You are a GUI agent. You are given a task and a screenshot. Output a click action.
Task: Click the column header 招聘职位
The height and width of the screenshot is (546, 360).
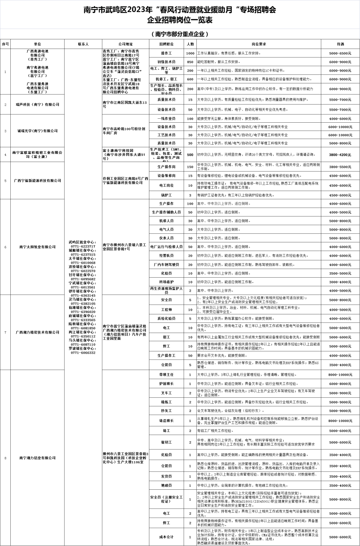[166, 44]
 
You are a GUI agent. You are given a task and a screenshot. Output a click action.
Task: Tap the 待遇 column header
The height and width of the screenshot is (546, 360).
[340, 44]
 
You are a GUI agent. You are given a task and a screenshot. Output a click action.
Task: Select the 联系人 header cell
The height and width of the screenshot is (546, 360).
[83, 44]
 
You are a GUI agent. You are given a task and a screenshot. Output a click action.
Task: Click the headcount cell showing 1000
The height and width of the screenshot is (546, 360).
[190, 53]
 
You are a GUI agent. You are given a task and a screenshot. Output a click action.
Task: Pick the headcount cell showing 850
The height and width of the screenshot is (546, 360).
[190, 62]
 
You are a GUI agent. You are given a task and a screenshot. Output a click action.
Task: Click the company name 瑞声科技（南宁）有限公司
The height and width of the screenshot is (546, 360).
[37, 104]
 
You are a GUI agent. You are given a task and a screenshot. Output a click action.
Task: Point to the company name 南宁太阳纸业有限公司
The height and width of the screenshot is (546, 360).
[37, 247]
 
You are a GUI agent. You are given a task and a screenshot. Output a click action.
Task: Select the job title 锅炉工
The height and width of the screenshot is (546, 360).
[166, 195]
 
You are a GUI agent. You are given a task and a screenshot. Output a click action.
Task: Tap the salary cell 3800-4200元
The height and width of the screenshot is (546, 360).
[340, 155]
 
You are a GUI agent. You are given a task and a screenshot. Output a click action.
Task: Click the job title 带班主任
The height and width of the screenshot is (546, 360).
[166, 375]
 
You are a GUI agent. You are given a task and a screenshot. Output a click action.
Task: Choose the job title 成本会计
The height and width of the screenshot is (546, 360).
[166, 537]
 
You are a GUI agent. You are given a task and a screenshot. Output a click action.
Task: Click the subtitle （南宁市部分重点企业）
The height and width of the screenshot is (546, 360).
[180, 34]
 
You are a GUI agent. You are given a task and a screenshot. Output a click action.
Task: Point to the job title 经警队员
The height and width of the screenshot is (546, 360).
[166, 256]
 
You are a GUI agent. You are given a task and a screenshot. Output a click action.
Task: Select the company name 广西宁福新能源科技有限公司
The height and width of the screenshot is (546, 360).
[37, 181]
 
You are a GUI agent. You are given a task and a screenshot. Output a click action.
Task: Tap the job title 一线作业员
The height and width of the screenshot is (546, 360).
[166, 119]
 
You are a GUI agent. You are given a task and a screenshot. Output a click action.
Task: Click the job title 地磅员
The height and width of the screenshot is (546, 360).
[166, 485]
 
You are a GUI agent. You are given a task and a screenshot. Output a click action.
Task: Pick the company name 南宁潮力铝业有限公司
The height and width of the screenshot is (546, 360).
[37, 458]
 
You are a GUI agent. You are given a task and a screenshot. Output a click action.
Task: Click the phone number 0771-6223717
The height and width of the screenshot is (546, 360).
[83, 246]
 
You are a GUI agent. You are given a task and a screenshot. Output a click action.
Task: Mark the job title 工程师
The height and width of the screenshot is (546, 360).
[166, 310]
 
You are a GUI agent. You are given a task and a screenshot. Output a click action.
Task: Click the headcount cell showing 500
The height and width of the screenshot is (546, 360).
[190, 155]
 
